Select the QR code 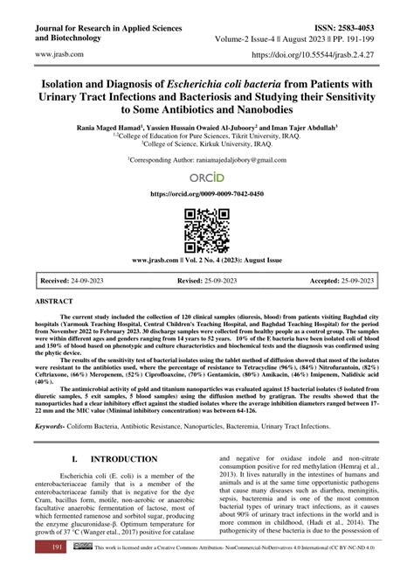206,230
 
